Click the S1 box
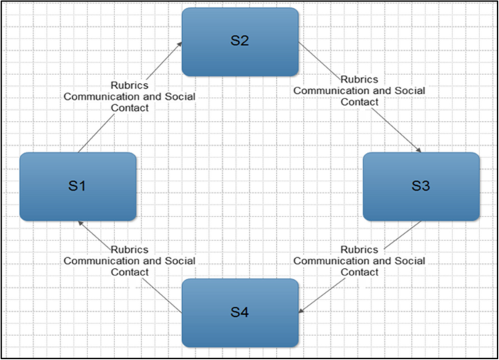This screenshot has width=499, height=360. click(78, 187)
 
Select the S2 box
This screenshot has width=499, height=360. click(240, 42)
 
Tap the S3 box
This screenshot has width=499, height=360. click(421, 187)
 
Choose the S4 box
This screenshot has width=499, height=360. click(240, 313)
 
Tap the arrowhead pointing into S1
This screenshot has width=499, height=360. click(80, 223)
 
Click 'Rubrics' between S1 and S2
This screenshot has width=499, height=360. click(129, 85)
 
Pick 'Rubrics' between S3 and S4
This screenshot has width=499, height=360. click(358, 249)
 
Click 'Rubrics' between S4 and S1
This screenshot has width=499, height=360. click(129, 249)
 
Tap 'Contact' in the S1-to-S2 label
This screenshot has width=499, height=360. click(129, 108)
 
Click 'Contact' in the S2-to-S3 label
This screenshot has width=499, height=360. click(359, 102)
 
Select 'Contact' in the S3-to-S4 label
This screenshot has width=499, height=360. click(359, 272)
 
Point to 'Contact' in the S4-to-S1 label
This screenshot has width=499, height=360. click(129, 272)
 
